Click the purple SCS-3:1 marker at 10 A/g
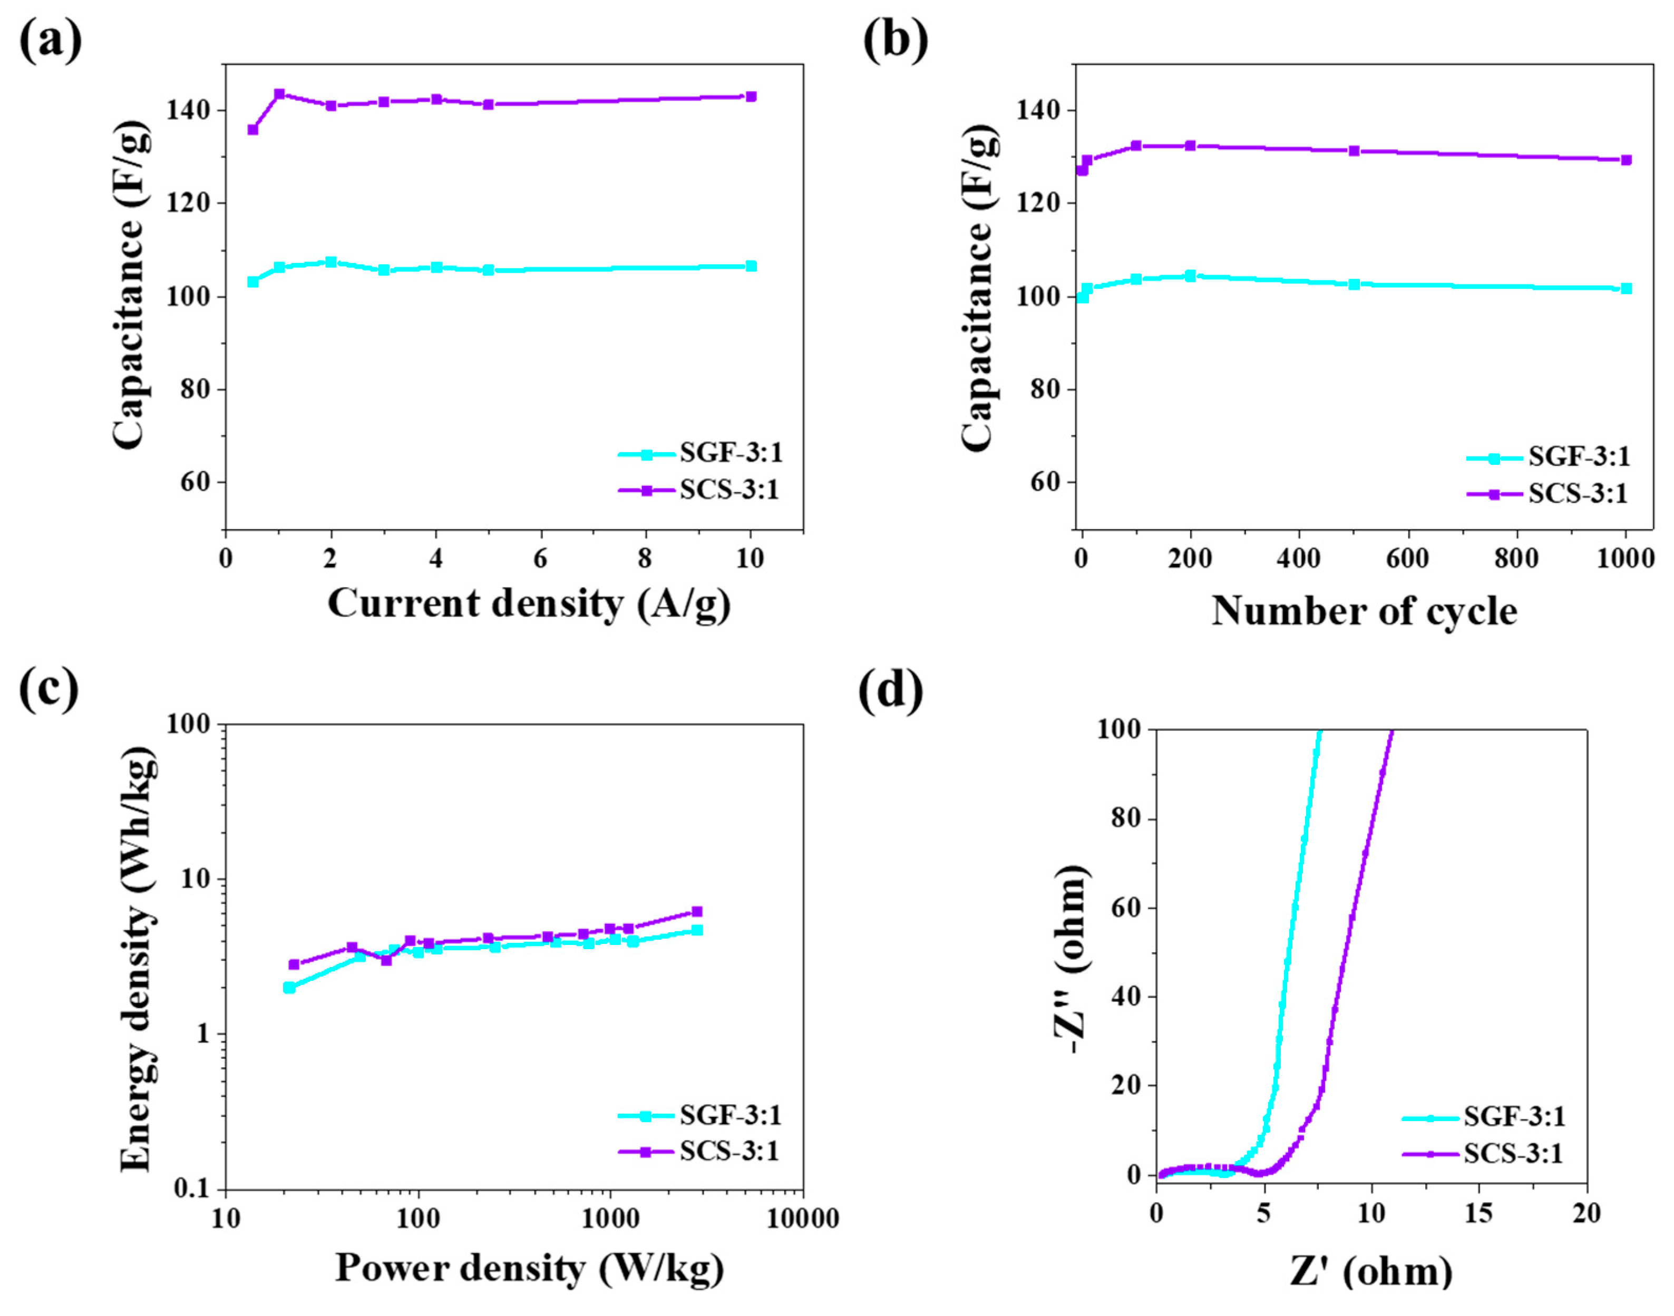[751, 96]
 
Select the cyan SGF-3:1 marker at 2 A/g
[331, 262]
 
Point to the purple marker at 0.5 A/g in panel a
[252, 130]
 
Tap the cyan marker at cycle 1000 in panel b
[1626, 288]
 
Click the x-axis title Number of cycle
[1364, 612]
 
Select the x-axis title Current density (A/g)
[529, 603]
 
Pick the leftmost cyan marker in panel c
[290, 988]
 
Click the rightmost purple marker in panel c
[697, 911]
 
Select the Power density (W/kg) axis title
[530, 1268]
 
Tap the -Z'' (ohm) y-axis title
[1072, 959]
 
